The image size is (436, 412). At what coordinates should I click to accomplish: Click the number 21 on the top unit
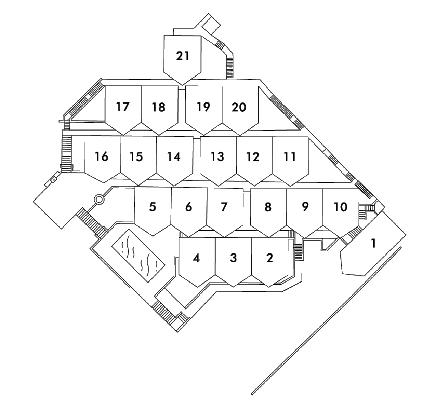point(183,56)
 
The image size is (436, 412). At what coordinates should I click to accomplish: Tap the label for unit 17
point(122,107)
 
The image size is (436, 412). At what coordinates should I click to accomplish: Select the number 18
point(159,107)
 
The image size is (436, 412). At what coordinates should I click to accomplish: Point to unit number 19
point(203,107)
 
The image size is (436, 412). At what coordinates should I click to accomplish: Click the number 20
point(239,107)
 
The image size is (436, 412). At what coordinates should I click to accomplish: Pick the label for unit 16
point(102,156)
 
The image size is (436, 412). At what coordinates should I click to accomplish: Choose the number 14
point(174,157)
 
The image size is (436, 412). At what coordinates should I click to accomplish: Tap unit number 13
point(217,157)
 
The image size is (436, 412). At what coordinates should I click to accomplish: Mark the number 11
point(290,157)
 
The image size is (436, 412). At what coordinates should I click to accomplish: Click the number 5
point(153,207)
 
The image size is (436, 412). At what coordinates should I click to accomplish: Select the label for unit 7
point(224,207)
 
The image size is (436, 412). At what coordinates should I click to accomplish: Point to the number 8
point(268,207)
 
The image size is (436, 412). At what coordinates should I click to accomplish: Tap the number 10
point(340,207)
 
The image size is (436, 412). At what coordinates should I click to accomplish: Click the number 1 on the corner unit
point(373,244)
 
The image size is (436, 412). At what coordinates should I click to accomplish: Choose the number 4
point(196,258)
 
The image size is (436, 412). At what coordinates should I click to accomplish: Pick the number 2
point(269,258)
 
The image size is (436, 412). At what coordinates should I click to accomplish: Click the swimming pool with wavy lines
point(138,255)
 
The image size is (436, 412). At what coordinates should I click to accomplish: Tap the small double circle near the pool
point(99,199)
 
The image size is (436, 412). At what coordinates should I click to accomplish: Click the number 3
point(233,258)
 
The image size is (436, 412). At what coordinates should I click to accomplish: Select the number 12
point(253,157)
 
